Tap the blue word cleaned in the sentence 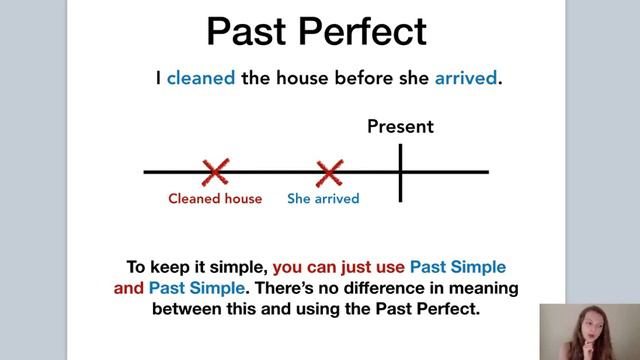[x=201, y=77]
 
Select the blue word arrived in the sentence [x=465, y=77]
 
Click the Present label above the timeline [x=400, y=127]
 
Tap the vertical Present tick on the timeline [x=400, y=172]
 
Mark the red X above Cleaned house [x=214, y=172]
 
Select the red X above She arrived [x=328, y=172]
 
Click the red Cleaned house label [x=215, y=198]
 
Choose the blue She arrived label [x=323, y=198]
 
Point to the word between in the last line [x=186, y=309]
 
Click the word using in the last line [x=302, y=309]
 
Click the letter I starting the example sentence [x=158, y=77]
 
